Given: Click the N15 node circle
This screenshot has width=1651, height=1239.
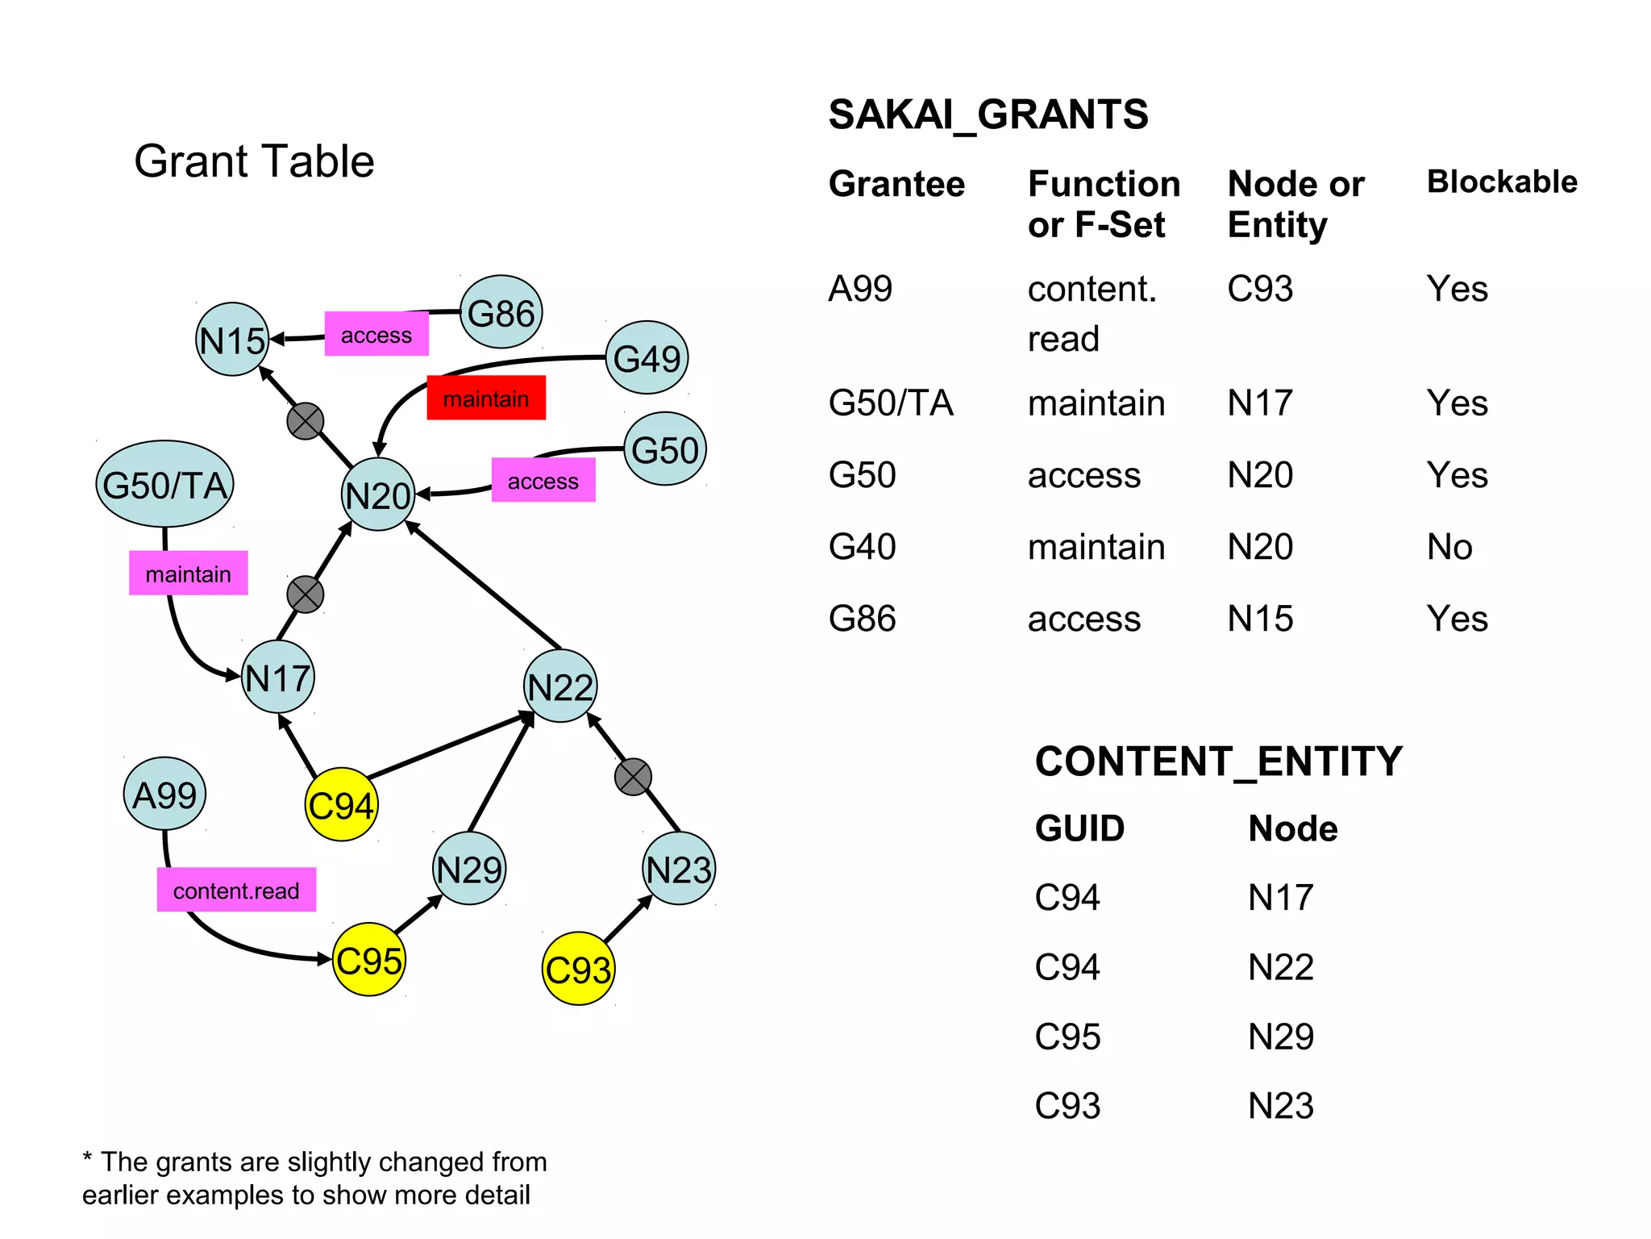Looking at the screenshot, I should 232,340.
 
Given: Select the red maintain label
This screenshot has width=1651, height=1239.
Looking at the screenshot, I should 486,398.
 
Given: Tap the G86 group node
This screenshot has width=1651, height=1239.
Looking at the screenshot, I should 501,312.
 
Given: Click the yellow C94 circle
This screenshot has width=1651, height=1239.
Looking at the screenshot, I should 341,805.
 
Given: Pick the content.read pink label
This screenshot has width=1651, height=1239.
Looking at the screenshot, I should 236,890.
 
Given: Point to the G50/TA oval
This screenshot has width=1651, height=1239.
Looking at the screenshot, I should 164,484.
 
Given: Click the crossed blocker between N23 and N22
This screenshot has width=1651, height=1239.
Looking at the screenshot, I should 633,777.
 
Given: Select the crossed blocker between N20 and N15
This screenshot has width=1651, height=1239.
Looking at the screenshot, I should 306,421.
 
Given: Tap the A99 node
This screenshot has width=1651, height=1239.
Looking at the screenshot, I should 164,795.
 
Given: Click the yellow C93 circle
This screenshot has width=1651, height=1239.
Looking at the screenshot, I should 578,969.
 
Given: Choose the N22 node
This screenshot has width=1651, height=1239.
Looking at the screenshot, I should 560,686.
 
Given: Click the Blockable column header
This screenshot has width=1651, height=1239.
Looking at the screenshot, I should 1501,181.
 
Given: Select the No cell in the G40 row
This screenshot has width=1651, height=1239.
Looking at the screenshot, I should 1449,547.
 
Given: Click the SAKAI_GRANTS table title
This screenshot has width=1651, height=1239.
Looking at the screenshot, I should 988,115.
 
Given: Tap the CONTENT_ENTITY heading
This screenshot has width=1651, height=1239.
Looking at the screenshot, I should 1218,761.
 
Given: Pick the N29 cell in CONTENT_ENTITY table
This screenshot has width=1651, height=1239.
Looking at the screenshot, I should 1280,1037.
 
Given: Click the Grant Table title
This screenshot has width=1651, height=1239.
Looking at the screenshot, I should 254,161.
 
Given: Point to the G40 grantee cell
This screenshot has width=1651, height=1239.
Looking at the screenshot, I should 862,547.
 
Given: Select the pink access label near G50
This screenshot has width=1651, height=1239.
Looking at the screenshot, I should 543,481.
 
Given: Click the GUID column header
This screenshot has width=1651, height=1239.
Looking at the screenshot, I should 1079,828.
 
